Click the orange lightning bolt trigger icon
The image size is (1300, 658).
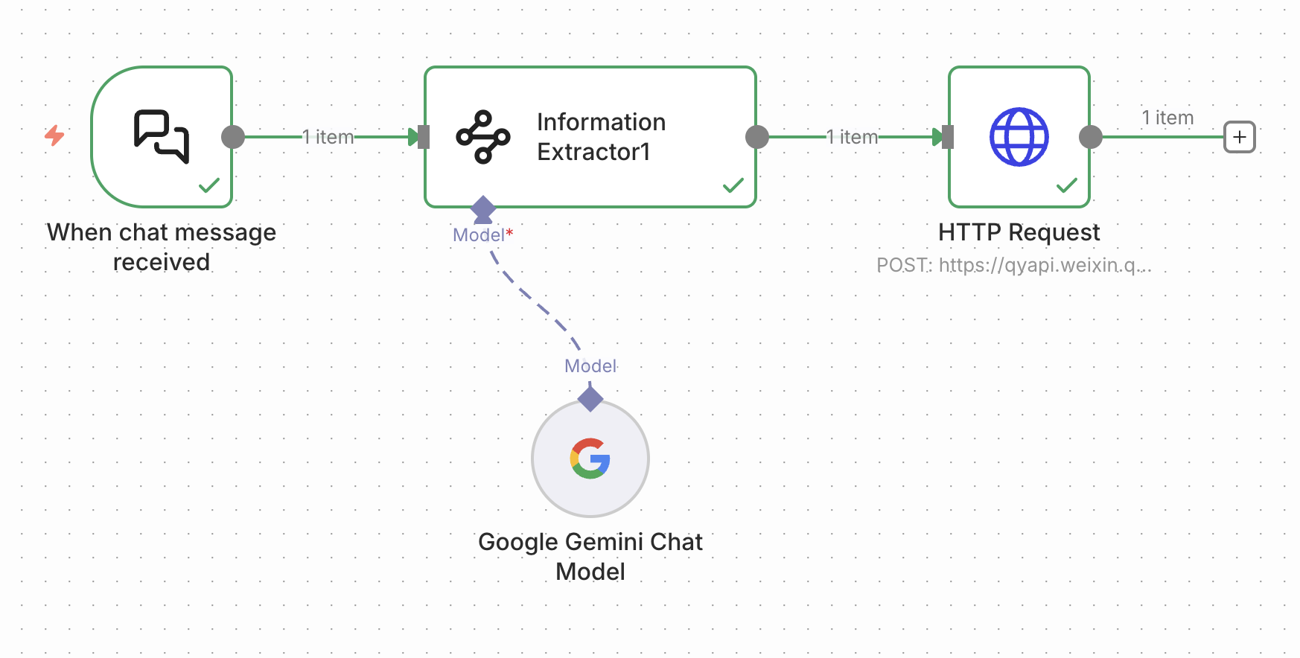pos(54,135)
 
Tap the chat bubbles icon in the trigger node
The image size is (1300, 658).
pos(162,136)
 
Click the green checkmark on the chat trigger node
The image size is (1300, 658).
pos(209,185)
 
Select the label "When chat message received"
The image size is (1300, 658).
pos(162,247)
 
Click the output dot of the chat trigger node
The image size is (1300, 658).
pos(233,137)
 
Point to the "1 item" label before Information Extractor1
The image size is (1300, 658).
pos(328,137)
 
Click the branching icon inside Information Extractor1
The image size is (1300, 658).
pos(483,137)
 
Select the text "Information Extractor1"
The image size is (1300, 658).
pos(601,137)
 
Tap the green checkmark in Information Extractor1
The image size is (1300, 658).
pos(733,185)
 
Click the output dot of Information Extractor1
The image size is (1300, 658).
pos(757,137)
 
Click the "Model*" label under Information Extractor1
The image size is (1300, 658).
pos(482,235)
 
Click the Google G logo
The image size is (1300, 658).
pos(590,459)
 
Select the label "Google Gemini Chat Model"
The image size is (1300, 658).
pos(590,557)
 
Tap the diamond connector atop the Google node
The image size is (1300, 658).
pos(590,398)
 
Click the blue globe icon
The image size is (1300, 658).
pos(1019,137)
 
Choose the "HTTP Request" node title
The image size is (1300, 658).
pos(1019,232)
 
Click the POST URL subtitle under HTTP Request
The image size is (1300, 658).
pos(1013,265)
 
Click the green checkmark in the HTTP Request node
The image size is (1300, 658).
pos(1067,185)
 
